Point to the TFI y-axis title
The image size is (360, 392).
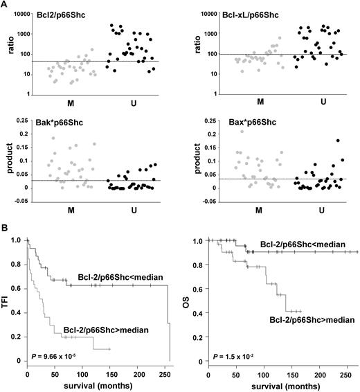coord(6,301)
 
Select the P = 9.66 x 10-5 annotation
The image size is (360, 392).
coord(53,352)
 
